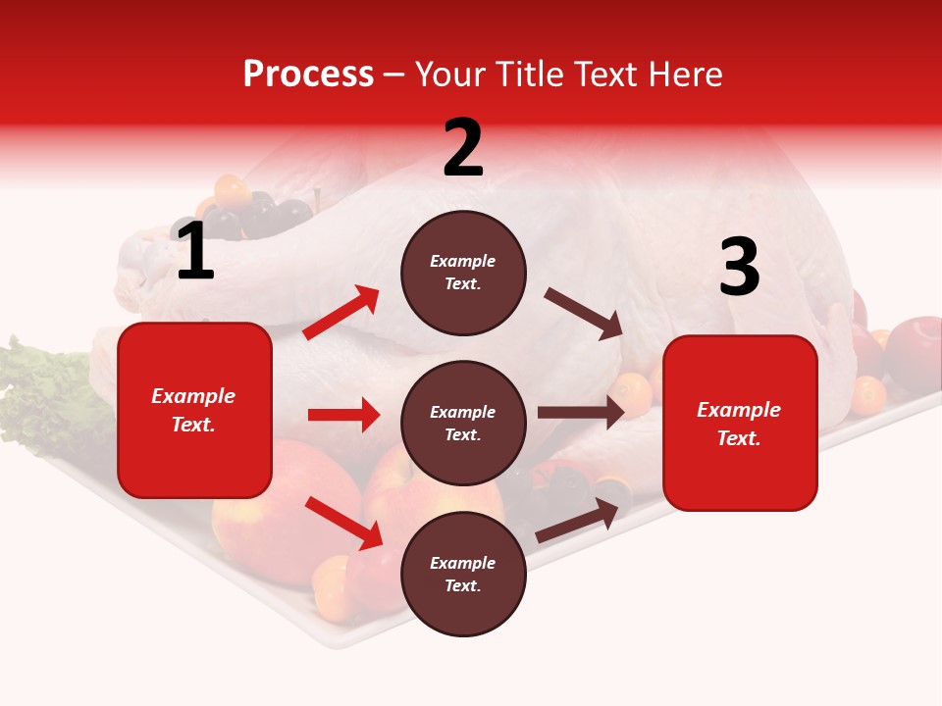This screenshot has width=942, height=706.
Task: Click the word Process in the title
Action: (308, 74)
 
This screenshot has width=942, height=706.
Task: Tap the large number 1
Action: (195, 252)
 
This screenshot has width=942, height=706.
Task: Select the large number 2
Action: (463, 148)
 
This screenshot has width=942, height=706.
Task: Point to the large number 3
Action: (739, 267)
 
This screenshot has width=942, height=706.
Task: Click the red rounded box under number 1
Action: (194, 410)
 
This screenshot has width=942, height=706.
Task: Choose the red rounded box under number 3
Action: (740, 423)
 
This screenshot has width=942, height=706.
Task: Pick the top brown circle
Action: (463, 273)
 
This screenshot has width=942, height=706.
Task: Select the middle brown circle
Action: (463, 423)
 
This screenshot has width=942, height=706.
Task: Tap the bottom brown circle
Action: (463, 574)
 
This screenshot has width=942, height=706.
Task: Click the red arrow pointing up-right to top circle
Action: (341, 313)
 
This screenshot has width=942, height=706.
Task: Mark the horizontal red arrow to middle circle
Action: (343, 415)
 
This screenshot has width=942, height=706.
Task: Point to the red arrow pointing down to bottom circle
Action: (343, 522)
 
